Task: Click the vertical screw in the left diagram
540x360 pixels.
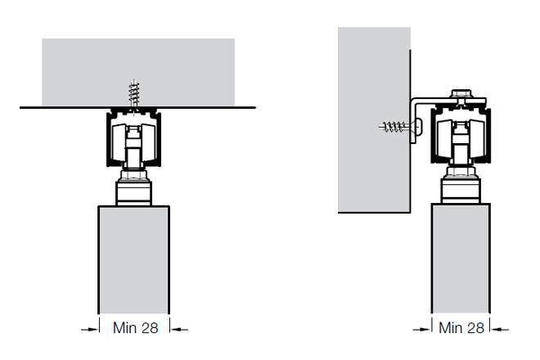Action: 134,94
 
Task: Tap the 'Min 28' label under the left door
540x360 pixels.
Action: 136,327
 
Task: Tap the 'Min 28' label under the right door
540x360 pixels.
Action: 461,327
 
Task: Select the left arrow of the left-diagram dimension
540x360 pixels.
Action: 89,330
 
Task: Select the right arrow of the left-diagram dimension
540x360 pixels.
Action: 179,330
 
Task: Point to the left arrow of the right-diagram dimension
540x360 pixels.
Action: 422,330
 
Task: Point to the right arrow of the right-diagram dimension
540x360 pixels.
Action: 500,330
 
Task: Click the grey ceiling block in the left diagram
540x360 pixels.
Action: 138,72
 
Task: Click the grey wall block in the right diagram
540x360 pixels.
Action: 374,119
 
